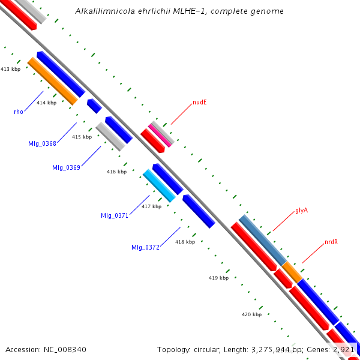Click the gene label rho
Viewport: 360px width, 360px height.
coord(19,112)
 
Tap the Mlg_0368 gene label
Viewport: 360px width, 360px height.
coord(42,143)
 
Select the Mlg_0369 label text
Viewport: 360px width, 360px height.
coord(66,167)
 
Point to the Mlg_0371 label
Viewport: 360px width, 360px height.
coord(115,215)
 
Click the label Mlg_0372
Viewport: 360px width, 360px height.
coord(145,247)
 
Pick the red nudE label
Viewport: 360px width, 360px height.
coord(200,103)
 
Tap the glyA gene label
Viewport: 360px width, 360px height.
coord(301,211)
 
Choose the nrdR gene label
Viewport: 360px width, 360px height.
coord(331,242)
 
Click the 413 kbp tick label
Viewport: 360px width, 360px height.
coord(10,70)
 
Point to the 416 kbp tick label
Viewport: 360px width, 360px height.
coord(116,172)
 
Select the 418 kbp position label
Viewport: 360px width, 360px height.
coord(185,242)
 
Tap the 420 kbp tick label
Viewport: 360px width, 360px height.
coord(251,314)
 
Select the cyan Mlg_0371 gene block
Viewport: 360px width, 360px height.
coord(159,185)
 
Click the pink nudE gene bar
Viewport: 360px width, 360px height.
coord(161,134)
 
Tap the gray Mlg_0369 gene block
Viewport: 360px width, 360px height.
coord(110,137)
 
